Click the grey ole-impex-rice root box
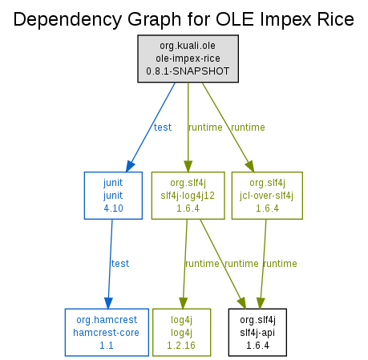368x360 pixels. pyautogui.click(x=188, y=59)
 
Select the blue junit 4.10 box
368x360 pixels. pyautogui.click(x=113, y=196)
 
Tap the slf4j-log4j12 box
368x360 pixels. pyautogui.click(x=188, y=196)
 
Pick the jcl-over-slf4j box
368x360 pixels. pyautogui.click(x=267, y=196)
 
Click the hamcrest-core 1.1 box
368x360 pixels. pyautogui.click(x=107, y=332)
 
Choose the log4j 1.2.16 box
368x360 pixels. pyautogui.click(x=181, y=332)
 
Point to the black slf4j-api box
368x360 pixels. pyautogui.click(x=257, y=332)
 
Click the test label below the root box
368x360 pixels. pyautogui.click(x=163, y=127)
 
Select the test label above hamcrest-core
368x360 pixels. pyautogui.click(x=120, y=264)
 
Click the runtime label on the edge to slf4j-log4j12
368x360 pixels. pyautogui.click(x=205, y=127)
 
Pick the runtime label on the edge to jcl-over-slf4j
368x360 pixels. pyautogui.click(x=248, y=127)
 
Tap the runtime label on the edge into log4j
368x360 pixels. pyautogui.click(x=202, y=264)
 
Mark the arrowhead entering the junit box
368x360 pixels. pyautogui.click(x=130, y=166)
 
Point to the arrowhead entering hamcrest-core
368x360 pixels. pyautogui.click(x=108, y=303)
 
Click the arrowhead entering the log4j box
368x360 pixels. pyautogui.click(x=183, y=303)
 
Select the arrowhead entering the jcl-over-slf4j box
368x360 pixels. pyautogui.click(x=250, y=166)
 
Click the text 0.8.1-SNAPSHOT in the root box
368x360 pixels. pyautogui.click(x=188, y=71)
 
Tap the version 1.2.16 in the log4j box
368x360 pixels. pyautogui.click(x=181, y=346)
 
